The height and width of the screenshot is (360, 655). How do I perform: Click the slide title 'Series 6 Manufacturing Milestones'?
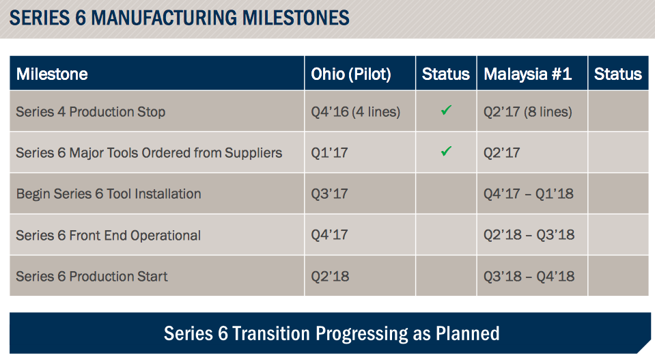180,17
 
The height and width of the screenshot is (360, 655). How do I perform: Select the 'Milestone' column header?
52,74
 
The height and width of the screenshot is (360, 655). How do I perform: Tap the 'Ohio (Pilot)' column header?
351,74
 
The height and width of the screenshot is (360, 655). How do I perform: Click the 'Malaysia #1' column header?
527,74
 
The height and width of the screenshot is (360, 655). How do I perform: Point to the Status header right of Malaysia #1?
617,74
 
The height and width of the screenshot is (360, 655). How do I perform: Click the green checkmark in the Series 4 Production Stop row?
446,110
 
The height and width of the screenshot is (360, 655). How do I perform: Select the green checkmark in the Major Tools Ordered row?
446,152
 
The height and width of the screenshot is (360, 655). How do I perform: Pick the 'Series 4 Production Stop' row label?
91,111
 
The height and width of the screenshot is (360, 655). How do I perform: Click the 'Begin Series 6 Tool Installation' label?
109,194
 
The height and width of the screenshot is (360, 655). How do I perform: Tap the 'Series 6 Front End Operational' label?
109,236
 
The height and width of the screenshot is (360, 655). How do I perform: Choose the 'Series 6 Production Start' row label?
92,277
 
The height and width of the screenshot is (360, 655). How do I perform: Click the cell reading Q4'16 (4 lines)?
355,111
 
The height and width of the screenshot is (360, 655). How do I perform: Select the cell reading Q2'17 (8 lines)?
528,111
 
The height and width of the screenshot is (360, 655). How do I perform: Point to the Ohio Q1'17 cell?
330,153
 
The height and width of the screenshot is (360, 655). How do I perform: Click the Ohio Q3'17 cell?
330,194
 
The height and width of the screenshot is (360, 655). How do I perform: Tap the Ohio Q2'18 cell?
330,277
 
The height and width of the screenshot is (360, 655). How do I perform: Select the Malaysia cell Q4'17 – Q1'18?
529,194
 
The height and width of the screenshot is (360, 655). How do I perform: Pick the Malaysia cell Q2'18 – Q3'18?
529,236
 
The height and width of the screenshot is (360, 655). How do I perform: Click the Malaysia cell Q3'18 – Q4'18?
529,277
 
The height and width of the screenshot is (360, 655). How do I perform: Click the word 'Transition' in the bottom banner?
271,333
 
